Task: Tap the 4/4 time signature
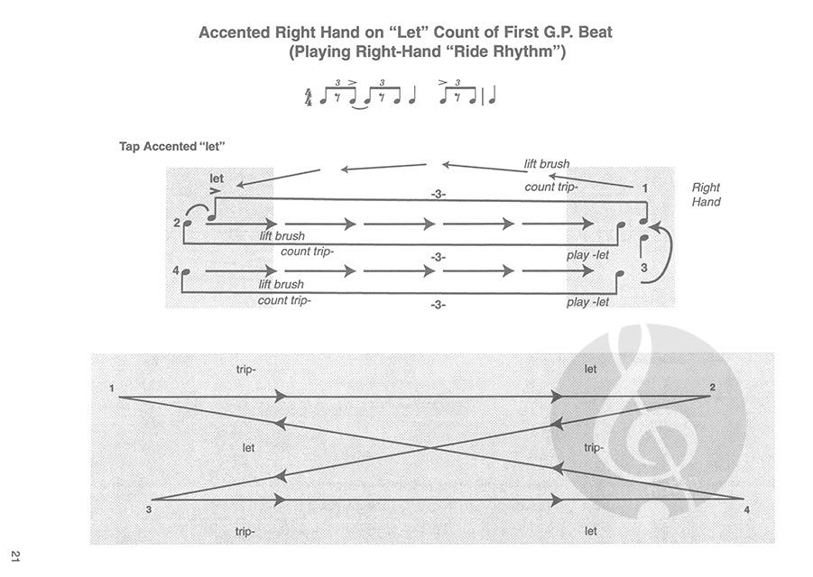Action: [308, 97]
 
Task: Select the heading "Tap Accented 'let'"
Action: [172, 147]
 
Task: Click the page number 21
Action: [15, 557]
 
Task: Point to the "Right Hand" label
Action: [706, 194]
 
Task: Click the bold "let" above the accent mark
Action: [217, 179]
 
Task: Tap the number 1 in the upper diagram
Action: [645, 188]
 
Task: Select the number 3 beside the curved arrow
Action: [644, 268]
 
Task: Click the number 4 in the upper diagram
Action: [176, 270]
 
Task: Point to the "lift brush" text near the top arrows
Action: [547, 164]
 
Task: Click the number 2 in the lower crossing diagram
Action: [713, 387]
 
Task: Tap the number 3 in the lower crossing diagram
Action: [149, 509]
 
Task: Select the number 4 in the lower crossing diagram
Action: [746, 509]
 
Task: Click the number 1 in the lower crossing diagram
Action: [112, 388]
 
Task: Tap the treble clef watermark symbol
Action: [648, 422]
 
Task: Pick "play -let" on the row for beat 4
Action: [587, 301]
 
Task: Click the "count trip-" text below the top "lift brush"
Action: [550, 187]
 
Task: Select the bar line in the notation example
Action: [484, 96]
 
